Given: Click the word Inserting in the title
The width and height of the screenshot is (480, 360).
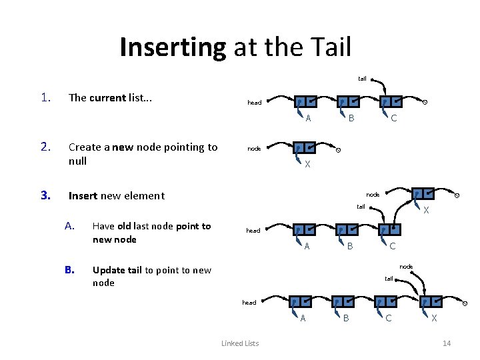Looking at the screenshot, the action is point(173,48).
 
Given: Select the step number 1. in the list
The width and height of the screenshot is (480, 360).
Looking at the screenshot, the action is point(45,97).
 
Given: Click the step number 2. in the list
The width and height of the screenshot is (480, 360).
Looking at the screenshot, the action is point(45,147).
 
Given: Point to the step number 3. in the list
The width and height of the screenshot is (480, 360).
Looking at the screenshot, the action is point(45,195).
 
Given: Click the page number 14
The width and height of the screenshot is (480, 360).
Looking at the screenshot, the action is point(447,343).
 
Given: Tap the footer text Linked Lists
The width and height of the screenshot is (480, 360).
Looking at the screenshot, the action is point(240,343).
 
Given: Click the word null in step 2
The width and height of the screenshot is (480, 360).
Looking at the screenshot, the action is point(78,161).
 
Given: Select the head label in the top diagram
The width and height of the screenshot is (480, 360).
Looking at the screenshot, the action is point(254,103).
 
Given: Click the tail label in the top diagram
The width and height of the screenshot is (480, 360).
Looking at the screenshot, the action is point(362,79).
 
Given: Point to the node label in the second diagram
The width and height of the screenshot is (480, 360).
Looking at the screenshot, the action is point(254,149).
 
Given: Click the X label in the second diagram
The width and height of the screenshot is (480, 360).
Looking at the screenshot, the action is point(307,165).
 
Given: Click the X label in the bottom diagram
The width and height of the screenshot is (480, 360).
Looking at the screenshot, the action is point(434,319).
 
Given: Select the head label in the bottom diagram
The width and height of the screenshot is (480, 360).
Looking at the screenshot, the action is point(249,303).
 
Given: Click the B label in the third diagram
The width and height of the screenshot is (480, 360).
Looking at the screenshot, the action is point(349,247).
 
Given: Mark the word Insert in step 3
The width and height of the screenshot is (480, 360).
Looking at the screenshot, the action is point(83,195).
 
